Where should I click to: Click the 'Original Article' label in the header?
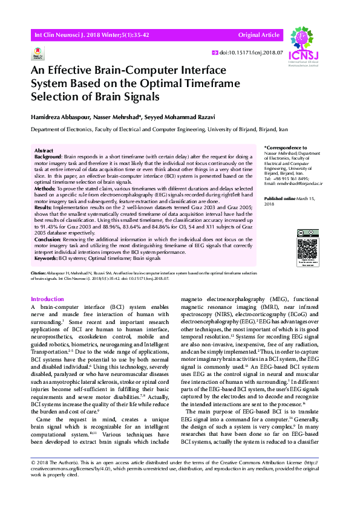[x=259, y=36]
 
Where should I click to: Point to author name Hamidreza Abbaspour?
[x=64, y=115]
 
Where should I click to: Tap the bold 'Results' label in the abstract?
[x=44, y=206]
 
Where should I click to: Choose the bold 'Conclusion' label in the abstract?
[x=48, y=239]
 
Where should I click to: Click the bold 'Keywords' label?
[x=46, y=258]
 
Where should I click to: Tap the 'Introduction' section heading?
[x=47, y=299]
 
